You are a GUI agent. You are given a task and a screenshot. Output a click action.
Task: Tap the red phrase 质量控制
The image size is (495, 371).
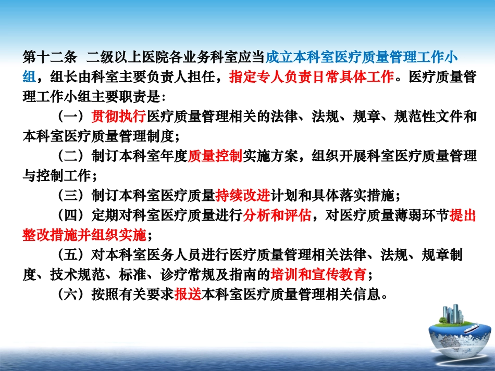pyautogui.click(x=215, y=156)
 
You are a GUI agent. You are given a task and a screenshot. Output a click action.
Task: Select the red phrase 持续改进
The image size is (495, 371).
pyautogui.click(x=242, y=195)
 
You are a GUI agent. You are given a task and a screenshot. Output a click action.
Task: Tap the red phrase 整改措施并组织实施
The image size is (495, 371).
pyautogui.click(x=85, y=235)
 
